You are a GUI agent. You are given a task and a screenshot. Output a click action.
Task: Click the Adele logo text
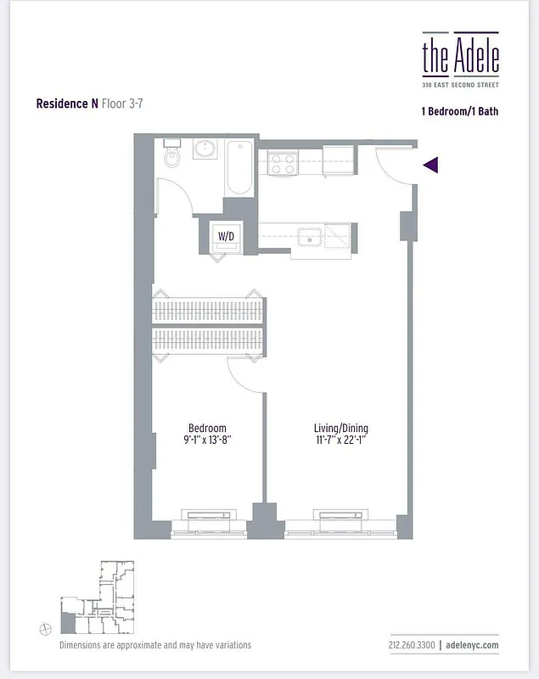click(x=460, y=55)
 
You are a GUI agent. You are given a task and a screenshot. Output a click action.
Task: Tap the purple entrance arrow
click(x=430, y=165)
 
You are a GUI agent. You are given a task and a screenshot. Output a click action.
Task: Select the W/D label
click(x=226, y=235)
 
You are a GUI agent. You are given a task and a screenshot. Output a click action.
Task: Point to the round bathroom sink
click(x=205, y=150)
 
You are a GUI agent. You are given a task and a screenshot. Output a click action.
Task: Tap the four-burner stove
click(x=282, y=162)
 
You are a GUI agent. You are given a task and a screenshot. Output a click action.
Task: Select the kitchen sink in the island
click(x=311, y=236)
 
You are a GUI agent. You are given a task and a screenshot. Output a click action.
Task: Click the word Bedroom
click(x=207, y=428)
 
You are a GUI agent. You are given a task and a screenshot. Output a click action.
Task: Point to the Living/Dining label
click(x=341, y=428)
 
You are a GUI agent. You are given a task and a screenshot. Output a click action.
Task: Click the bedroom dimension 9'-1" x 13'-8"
click(x=207, y=441)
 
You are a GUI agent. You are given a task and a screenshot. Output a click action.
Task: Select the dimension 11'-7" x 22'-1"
click(x=341, y=441)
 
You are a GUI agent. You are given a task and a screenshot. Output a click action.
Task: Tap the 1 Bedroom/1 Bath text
click(x=459, y=110)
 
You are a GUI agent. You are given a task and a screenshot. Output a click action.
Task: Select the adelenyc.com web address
click(x=472, y=645)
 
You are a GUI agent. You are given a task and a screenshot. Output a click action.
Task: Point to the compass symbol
click(x=45, y=628)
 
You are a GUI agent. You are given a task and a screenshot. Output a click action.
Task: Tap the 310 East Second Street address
click(x=460, y=85)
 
